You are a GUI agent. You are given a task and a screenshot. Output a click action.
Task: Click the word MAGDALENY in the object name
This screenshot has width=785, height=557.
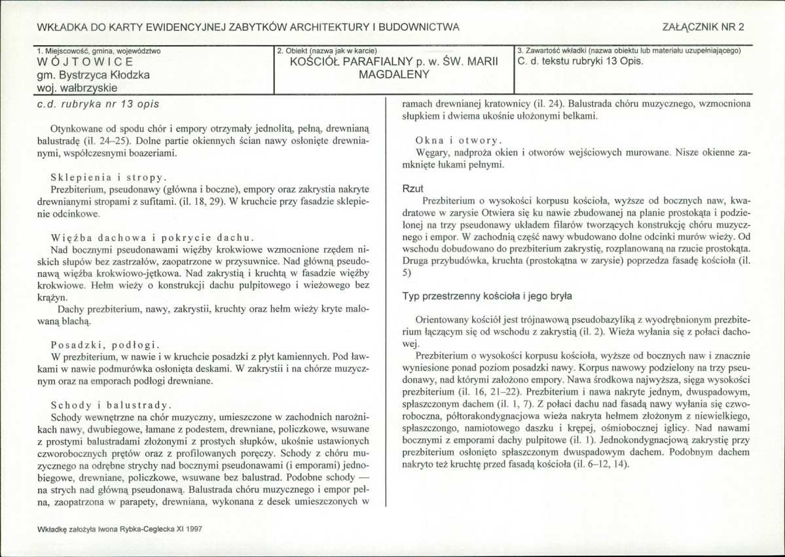point(393,74)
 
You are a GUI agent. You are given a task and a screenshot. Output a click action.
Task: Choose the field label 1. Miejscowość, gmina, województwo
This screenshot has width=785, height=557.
point(99,50)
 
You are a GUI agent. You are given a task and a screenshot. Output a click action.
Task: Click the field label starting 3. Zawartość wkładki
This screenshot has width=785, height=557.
point(629,50)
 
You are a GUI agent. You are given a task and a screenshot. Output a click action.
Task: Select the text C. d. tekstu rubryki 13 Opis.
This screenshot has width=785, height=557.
point(580,62)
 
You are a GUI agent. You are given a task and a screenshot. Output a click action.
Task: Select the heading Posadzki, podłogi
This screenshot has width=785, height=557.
point(104,344)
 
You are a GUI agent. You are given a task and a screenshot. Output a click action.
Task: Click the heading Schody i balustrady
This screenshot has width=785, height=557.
point(111,404)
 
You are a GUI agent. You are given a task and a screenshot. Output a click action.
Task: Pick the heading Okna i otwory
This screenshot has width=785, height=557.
point(458,140)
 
